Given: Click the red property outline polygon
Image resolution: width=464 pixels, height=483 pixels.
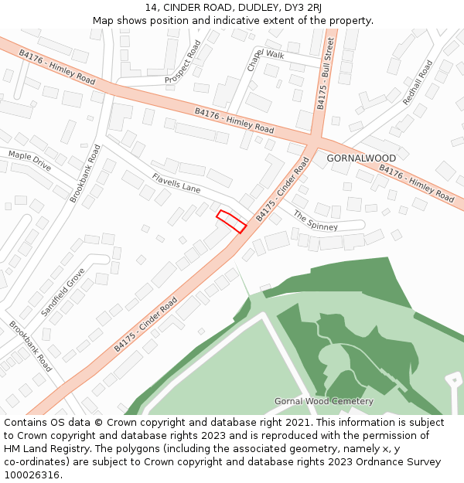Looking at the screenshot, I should (x=231, y=221).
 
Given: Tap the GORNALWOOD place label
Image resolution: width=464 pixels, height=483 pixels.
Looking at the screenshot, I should (x=361, y=158).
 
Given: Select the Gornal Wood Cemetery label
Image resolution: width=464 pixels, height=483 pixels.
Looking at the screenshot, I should (x=324, y=401).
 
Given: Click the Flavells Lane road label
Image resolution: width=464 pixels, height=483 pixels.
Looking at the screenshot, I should (x=176, y=183).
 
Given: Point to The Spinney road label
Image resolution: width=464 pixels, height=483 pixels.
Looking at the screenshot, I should (x=316, y=221).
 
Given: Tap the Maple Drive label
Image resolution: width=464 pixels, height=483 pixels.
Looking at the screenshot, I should (x=29, y=161).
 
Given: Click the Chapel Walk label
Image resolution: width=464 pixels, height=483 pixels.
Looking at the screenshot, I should (x=265, y=58).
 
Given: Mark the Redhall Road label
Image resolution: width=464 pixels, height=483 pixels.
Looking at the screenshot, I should (x=418, y=83).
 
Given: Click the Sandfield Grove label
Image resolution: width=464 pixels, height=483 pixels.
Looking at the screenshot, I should (x=63, y=292).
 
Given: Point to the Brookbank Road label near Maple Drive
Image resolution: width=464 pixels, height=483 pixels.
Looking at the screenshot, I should (x=85, y=174).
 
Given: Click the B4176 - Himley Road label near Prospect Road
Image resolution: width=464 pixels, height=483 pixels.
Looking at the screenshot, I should (x=56, y=68).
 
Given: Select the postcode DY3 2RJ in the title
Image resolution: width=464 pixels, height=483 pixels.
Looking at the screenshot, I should (x=302, y=8).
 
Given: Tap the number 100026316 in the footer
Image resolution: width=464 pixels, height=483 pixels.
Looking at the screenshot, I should (x=32, y=474).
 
